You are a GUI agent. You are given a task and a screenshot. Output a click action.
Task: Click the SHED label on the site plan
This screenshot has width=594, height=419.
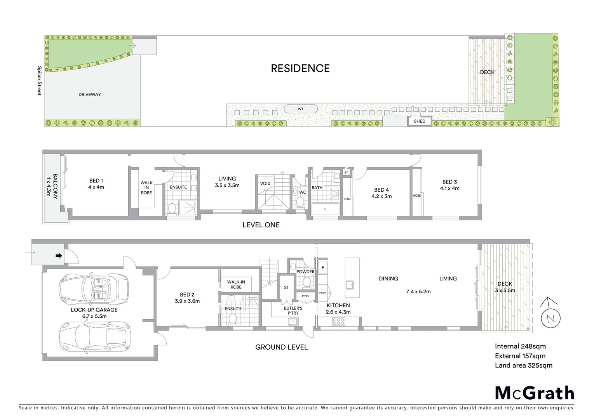click(420, 121)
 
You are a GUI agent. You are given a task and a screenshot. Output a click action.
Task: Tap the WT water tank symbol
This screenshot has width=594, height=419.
click(301, 109)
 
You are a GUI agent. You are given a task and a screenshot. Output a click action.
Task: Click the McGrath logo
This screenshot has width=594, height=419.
click(534, 393)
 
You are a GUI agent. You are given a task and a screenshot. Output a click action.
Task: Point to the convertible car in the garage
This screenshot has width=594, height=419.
click(94, 289)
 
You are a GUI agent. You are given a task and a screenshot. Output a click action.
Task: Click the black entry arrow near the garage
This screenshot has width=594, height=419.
click(59, 256)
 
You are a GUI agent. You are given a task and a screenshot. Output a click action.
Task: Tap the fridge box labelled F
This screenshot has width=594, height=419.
click(322, 267)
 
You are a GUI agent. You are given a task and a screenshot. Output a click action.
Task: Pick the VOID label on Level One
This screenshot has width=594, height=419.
click(265, 184)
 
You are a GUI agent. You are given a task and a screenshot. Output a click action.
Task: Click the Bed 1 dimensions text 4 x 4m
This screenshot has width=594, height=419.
click(96, 187)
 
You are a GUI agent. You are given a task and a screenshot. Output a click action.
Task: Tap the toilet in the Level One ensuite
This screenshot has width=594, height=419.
click(171, 209)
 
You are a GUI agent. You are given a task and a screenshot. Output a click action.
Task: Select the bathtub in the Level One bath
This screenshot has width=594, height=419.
click(325, 210)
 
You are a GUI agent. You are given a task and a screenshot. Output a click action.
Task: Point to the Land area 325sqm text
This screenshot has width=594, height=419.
click(523, 365)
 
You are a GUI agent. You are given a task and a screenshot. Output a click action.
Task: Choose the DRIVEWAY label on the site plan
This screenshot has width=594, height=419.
click(90, 95)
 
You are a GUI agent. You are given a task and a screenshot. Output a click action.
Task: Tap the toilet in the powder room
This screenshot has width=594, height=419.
click(307, 282)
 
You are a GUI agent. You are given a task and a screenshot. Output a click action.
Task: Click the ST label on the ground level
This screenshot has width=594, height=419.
click(286, 287)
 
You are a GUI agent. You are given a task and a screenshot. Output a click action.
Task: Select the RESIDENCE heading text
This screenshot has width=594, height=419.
click(300, 69)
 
